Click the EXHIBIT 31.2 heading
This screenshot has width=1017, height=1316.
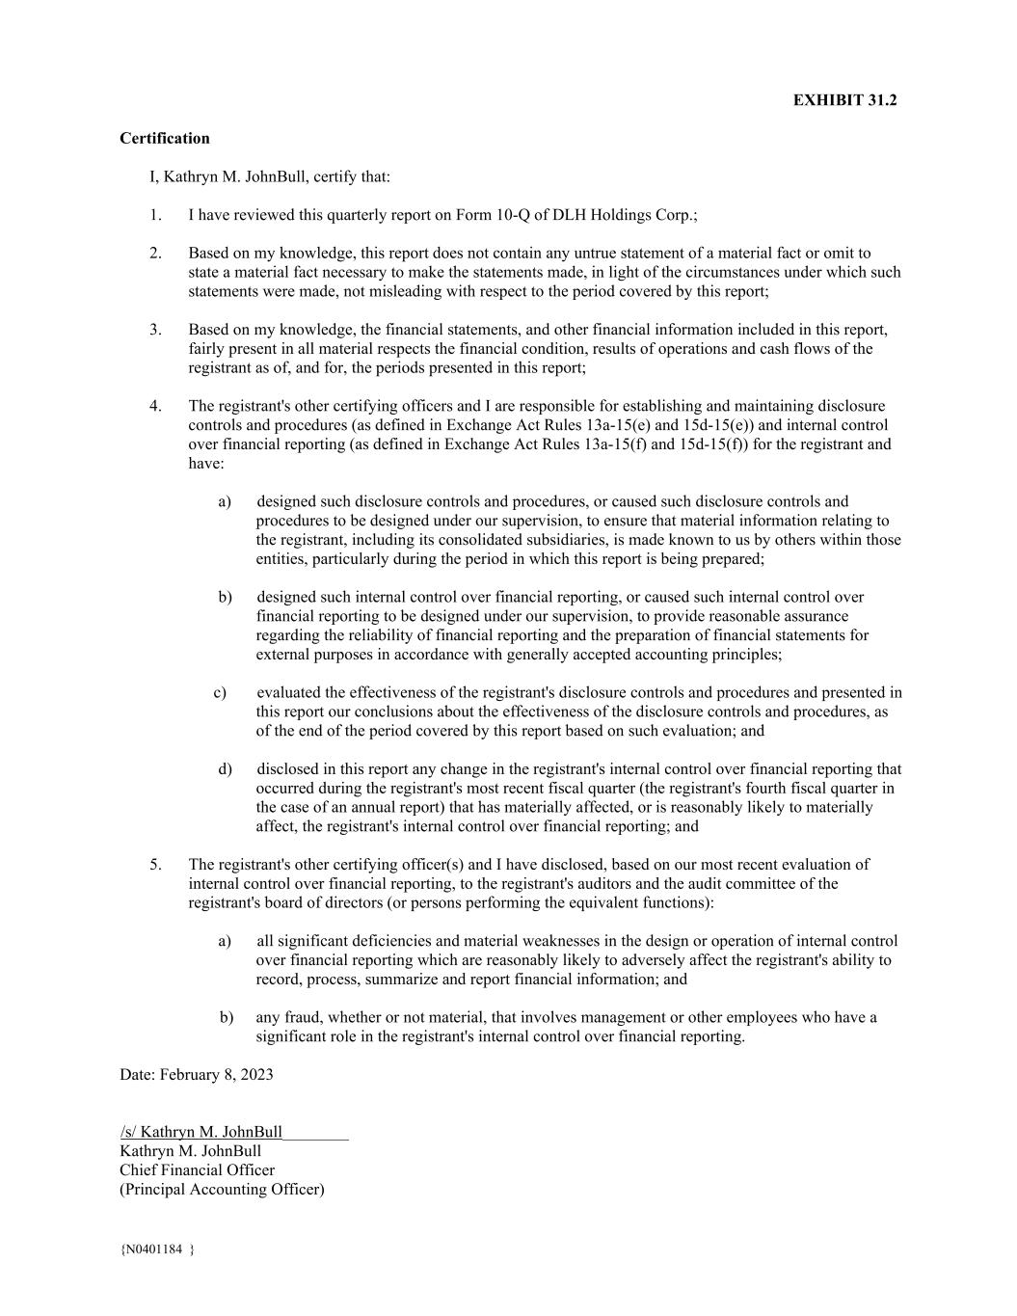[x=844, y=100]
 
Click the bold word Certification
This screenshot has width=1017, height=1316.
[x=164, y=138]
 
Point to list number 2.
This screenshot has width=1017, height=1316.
[x=155, y=254]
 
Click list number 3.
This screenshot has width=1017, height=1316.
[x=155, y=330]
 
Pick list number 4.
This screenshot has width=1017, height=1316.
[x=155, y=406]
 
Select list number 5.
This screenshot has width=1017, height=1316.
[x=155, y=865]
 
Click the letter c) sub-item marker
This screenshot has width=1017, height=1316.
[x=220, y=692]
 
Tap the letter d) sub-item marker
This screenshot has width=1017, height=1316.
[x=225, y=769]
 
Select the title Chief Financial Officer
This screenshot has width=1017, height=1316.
[x=197, y=1170]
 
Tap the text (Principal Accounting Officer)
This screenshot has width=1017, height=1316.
[x=222, y=1190]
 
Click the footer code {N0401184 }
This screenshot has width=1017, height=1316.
[x=157, y=1250]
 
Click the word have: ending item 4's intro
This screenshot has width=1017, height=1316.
[x=205, y=464]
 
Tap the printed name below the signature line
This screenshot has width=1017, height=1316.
[x=190, y=1151]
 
